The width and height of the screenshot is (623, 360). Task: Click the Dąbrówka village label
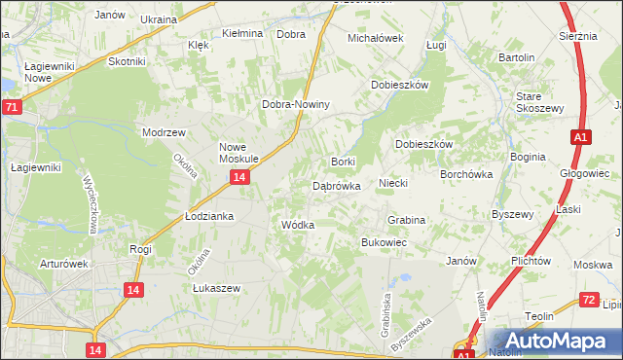(337, 185)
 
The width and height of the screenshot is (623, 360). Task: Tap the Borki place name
(343, 161)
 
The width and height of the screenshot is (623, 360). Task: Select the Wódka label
(297, 225)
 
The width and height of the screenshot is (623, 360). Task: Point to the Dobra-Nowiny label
(297, 104)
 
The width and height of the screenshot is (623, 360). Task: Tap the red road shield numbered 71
(11, 107)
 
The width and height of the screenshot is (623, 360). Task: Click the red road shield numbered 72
(588, 300)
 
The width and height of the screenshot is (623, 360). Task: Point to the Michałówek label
(376, 38)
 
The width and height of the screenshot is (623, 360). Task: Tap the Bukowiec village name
(384, 241)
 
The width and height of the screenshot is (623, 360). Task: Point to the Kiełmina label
(242, 33)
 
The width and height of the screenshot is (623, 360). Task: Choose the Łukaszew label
(215, 288)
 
